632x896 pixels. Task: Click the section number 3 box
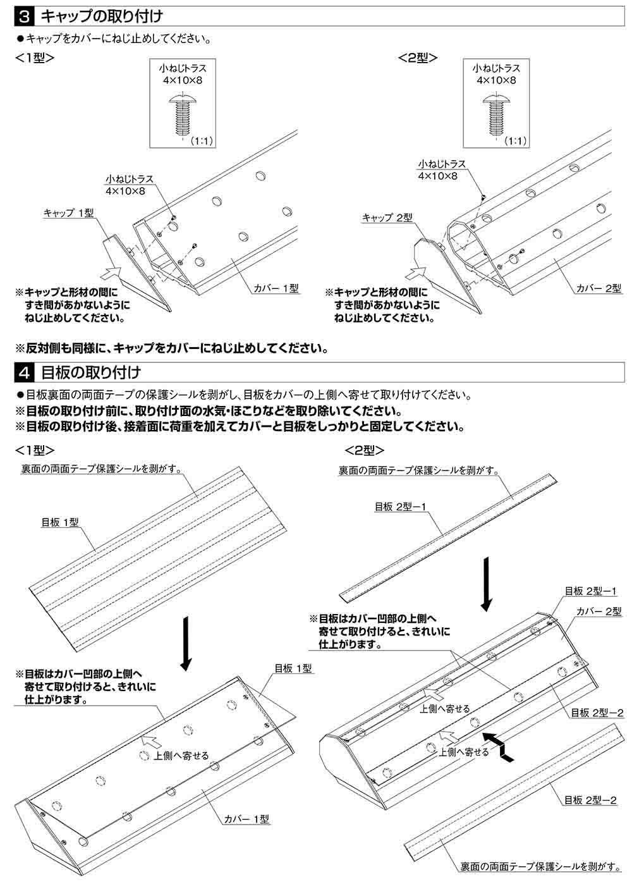tap(23, 13)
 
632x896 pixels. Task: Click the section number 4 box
tap(23, 372)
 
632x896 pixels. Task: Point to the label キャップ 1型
tap(69, 212)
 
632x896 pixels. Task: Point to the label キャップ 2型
tap(387, 218)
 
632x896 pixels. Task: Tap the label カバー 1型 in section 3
tap(276, 288)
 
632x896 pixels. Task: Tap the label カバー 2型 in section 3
tap(599, 288)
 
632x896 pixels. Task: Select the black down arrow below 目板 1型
tap(185, 642)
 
